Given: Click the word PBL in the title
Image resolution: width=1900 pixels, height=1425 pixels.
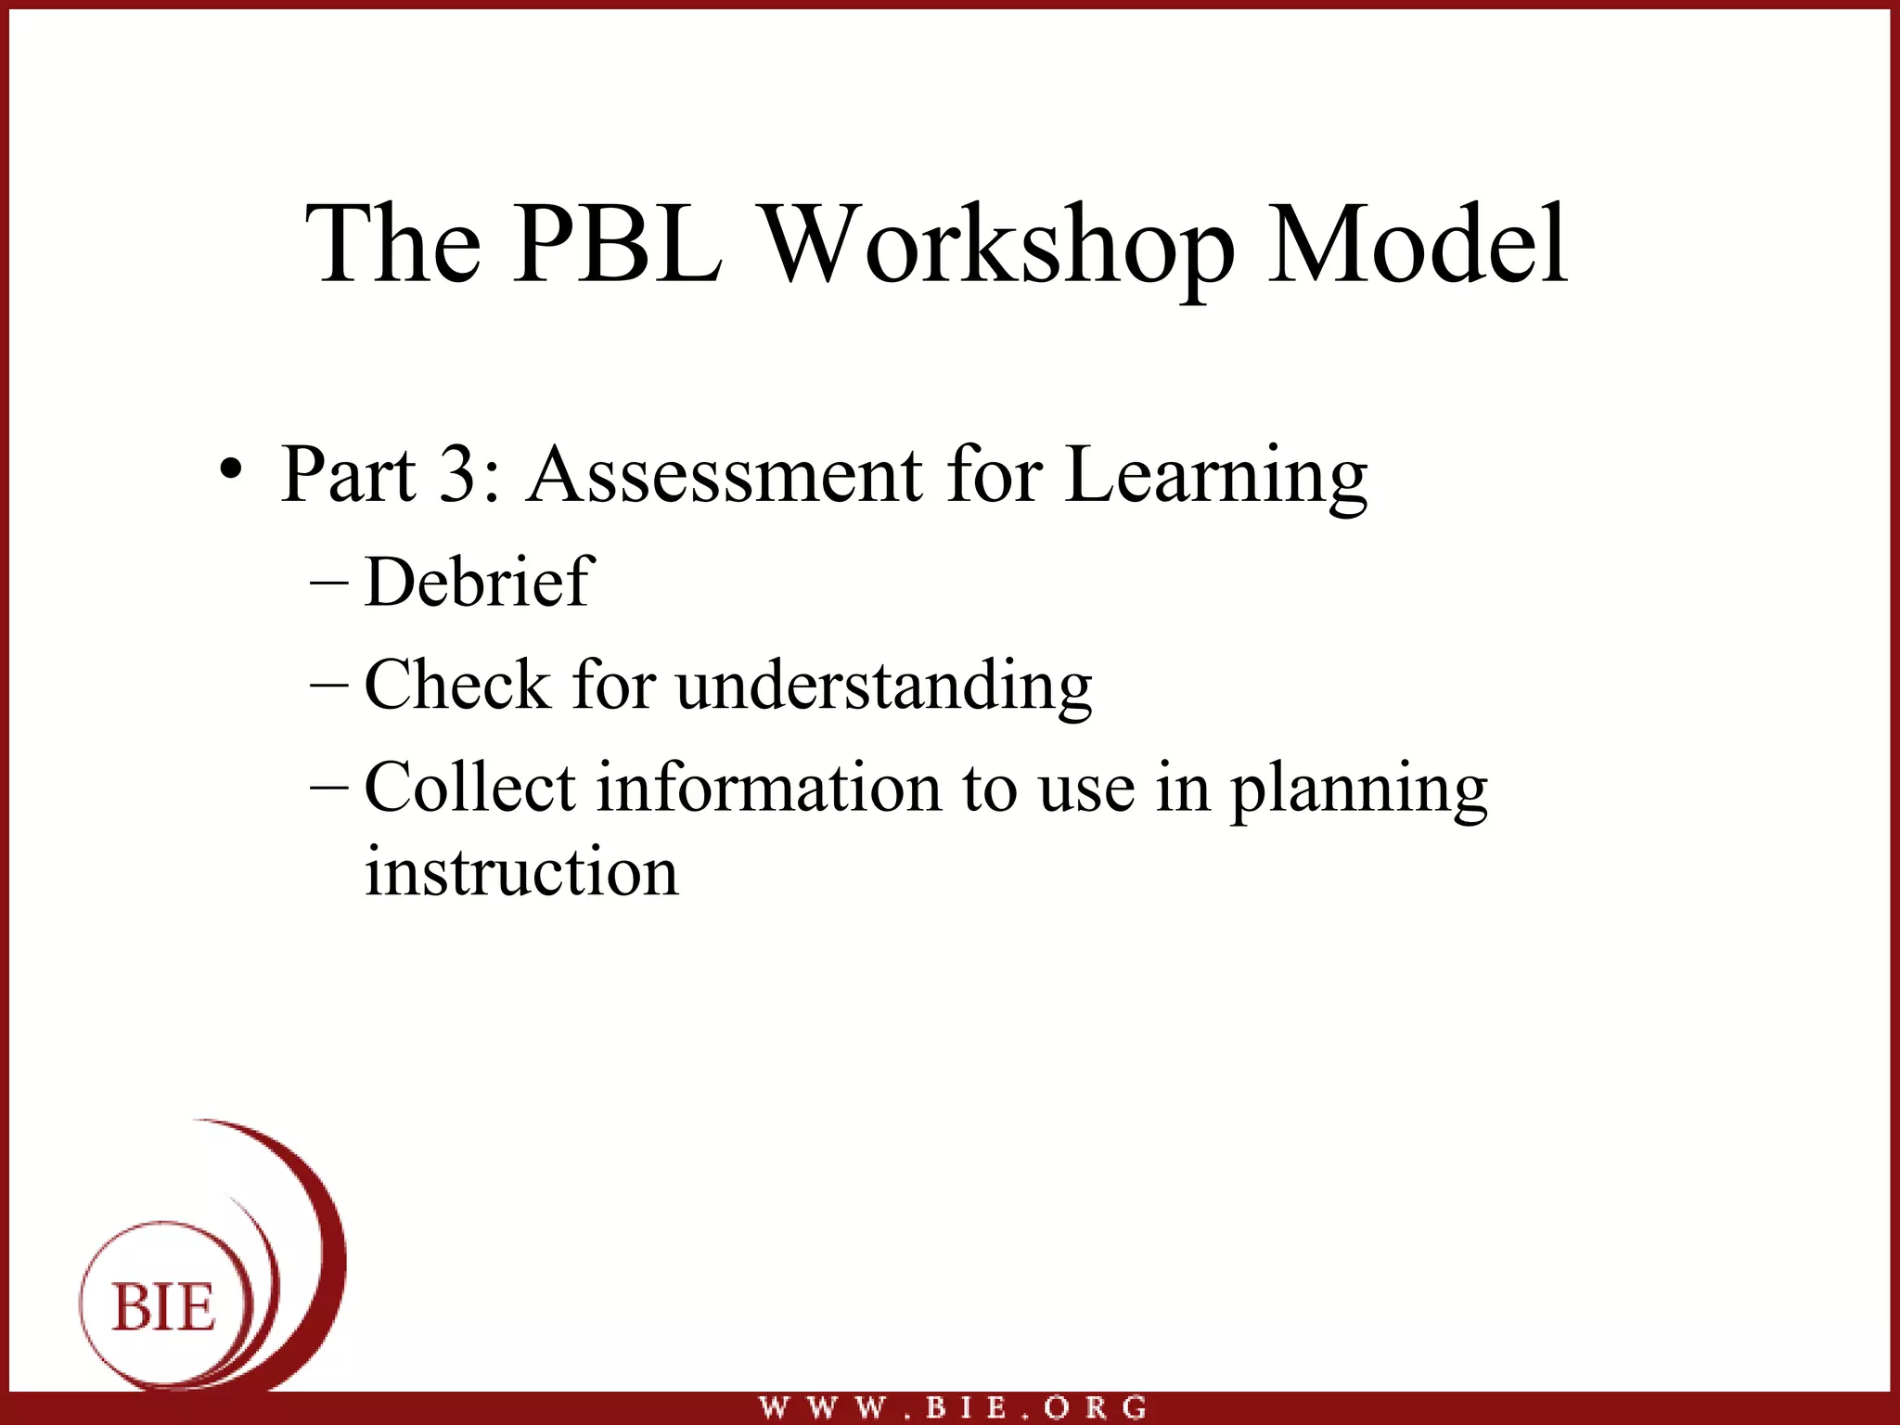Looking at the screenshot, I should tap(617, 244).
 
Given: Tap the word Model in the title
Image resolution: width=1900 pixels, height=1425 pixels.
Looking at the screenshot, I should tap(1418, 244).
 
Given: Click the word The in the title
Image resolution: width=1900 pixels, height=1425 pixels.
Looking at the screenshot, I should tap(393, 244).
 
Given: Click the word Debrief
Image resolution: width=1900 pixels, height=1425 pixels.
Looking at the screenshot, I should tap(479, 582).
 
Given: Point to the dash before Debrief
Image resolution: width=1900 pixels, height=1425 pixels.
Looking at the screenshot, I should tap(329, 584).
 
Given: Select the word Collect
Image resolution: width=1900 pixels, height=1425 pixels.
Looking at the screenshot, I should tap(470, 787).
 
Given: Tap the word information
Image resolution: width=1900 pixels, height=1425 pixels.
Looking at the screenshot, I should tap(769, 787).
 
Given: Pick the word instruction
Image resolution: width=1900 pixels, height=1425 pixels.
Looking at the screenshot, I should tap(521, 872).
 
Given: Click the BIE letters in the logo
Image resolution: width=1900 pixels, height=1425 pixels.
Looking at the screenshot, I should tap(164, 1307).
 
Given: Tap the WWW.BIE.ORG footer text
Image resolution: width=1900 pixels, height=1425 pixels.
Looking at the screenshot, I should tap(953, 1407).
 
